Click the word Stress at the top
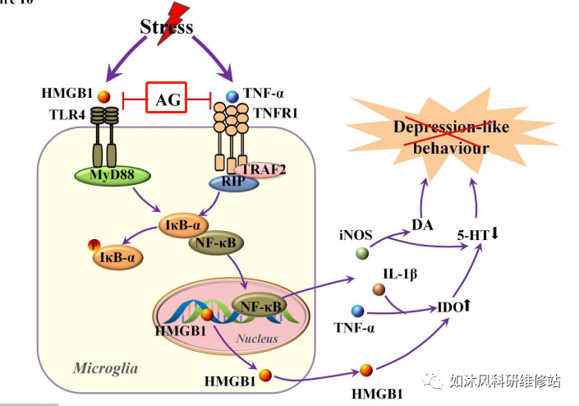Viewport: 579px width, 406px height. [x=166, y=27]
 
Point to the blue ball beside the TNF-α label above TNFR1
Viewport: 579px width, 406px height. [x=232, y=96]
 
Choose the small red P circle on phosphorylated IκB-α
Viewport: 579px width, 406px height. [x=94, y=244]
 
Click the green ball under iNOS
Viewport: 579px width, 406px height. [x=361, y=254]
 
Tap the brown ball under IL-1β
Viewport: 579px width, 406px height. [x=379, y=289]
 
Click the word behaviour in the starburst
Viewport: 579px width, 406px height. [x=451, y=148]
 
